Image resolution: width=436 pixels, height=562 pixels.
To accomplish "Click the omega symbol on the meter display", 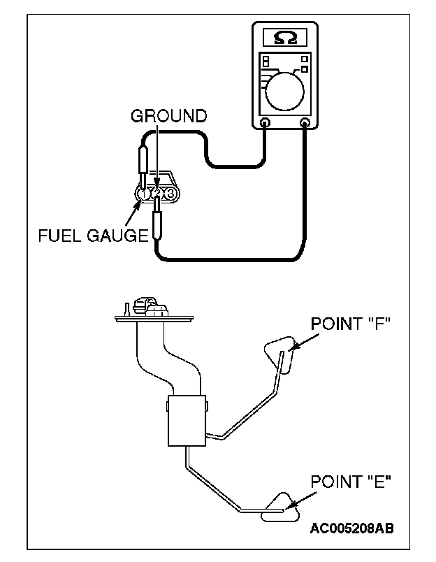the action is coord(285,38).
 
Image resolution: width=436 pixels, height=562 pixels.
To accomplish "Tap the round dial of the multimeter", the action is coord(285,92).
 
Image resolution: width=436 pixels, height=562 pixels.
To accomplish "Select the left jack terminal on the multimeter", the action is coord(265,122).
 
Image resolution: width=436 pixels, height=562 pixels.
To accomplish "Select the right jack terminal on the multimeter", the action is coord(305,122).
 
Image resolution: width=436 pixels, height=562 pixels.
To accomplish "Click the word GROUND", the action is coord(168,116).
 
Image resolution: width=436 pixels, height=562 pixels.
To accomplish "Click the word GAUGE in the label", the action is coord(117,236).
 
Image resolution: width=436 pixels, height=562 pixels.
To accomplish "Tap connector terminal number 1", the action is coord(143,194).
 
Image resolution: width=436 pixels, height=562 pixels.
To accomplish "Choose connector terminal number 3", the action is coord(171,194).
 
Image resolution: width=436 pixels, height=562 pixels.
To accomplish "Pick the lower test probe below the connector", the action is coord(157,219).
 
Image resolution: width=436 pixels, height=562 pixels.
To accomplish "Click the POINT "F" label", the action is coord(350,324).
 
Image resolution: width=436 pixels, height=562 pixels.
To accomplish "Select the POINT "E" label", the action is coord(351,482).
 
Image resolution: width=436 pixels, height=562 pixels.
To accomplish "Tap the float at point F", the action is coord(280,354).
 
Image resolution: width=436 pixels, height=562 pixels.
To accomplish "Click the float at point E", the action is coord(280,507).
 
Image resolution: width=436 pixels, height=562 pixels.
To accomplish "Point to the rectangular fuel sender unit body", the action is coord(187,421).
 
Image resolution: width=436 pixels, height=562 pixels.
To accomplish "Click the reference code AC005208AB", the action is coord(352,528).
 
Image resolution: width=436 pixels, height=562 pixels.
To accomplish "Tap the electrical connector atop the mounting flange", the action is coord(150,306).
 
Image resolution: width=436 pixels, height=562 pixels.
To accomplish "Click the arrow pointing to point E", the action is coord(302,500).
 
